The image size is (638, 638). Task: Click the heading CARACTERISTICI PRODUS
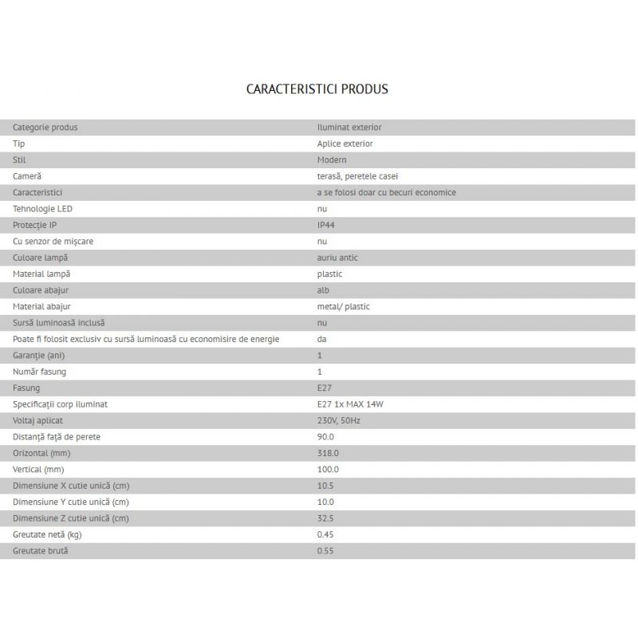(317, 89)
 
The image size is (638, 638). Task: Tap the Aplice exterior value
(345, 144)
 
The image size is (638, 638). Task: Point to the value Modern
(332, 159)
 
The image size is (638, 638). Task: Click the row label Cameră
(27, 176)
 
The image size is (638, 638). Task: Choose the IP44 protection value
(327, 225)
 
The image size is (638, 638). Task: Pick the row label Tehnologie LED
(43, 209)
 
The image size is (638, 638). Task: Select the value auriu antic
(338, 258)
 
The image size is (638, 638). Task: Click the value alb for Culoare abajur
(323, 290)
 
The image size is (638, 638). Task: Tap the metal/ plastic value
(344, 306)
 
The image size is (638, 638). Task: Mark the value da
(321, 339)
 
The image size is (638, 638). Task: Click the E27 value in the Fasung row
(324, 388)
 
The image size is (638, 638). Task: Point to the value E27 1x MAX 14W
(350, 404)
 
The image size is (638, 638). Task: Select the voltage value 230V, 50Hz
(339, 420)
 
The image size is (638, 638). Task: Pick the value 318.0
(328, 453)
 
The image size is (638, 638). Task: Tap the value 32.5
(325, 518)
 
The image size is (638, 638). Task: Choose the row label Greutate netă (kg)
(47, 534)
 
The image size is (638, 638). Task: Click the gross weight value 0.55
(325, 551)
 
